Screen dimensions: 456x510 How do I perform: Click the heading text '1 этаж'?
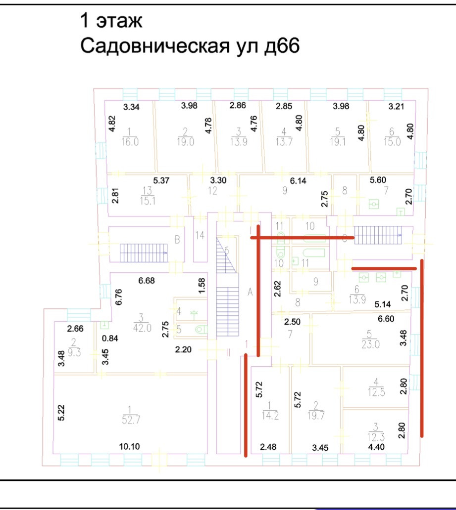coord(111,21)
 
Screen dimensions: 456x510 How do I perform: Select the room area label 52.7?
coord(129,419)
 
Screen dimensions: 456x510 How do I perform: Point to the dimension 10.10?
coord(130,447)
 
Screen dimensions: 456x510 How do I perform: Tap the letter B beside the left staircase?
coord(177,241)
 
